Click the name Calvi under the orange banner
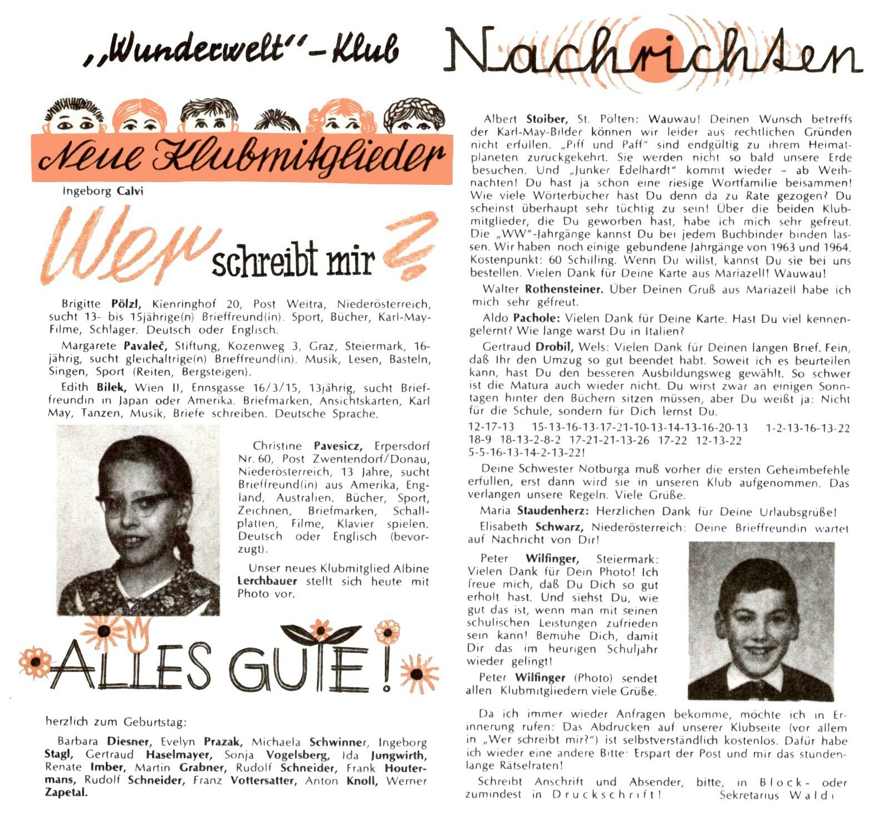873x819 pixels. (x=130, y=191)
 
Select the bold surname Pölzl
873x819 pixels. (x=127, y=304)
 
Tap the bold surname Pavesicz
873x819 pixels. (x=338, y=446)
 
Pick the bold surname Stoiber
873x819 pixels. (x=546, y=119)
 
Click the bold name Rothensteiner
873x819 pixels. (x=563, y=289)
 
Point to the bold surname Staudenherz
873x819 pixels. (x=553, y=511)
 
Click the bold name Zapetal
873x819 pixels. (x=66, y=792)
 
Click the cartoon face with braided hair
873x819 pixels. (x=414, y=117)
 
